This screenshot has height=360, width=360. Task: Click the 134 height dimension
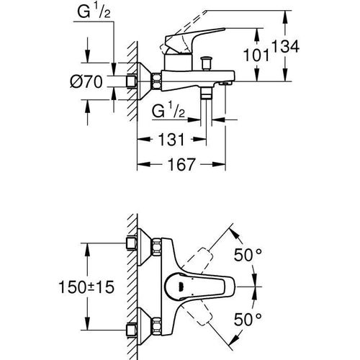[285, 47]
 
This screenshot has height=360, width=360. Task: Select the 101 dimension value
[256, 55]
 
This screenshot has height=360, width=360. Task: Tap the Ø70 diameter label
[86, 81]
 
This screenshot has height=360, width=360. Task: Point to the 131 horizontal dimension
[171, 139]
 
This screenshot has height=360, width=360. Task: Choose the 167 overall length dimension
[181, 164]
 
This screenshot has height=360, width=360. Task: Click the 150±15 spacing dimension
[86, 287]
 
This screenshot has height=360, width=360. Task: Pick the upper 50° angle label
[248, 255]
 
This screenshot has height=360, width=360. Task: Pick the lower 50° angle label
[248, 319]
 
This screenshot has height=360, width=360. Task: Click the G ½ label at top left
[94, 12]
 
